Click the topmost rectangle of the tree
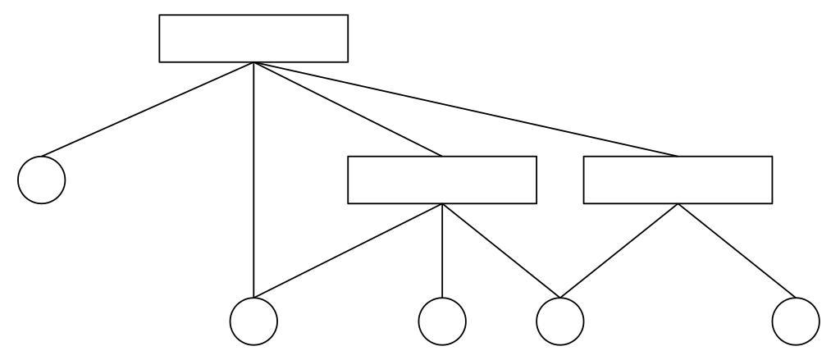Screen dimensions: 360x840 (253, 39)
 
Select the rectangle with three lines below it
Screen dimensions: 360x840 (442, 180)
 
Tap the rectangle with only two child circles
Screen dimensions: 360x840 (678, 180)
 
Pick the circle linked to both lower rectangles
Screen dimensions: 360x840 (560, 320)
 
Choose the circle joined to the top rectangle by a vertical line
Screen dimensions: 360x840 (253, 320)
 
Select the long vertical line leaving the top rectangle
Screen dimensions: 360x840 (253, 180)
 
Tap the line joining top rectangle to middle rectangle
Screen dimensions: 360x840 (348, 109)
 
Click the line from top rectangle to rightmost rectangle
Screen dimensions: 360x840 (465, 109)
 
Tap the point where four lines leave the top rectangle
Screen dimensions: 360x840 (253, 62)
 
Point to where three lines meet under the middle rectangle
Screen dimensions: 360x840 (442, 203)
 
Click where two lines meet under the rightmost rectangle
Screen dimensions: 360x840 (678, 203)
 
